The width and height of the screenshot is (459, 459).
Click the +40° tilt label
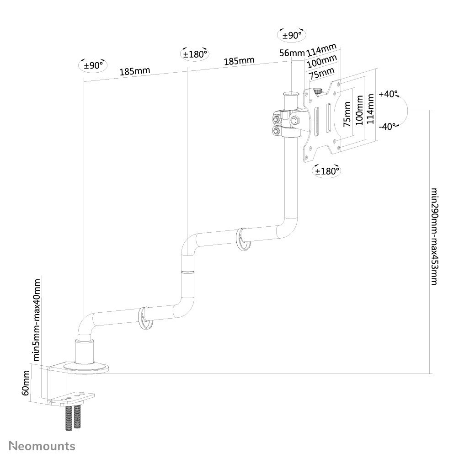pyautogui.click(x=389, y=95)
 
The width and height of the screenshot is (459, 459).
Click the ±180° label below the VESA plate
pyautogui.click(x=326, y=171)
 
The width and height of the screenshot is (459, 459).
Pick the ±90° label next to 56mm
pyautogui.click(x=292, y=35)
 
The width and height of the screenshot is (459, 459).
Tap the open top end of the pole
pyautogui.click(x=290, y=94)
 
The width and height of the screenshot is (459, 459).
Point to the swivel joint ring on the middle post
pyautogui.click(x=187, y=272)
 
